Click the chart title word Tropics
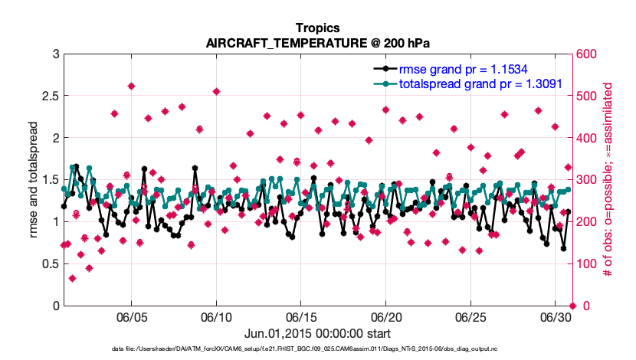tap(317, 27)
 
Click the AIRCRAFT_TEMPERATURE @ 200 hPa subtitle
tap(317, 42)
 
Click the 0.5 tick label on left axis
tap(50, 264)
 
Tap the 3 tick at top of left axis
tap(55, 54)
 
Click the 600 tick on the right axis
tap(588, 54)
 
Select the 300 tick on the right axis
tap(588, 180)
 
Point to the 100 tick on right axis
tap(588, 264)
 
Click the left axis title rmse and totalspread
tap(34, 180)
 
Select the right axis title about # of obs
tap(608, 180)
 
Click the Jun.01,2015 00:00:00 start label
tap(317, 333)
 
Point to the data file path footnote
tap(317, 349)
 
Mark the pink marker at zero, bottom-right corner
tap(572, 306)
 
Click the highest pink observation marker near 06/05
tap(132, 87)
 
